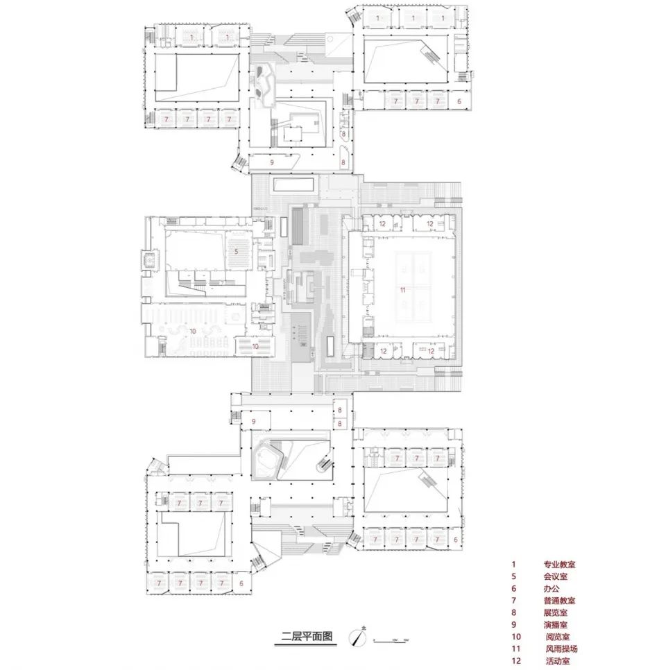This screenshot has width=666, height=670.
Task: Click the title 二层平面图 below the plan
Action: pyautogui.click(x=307, y=636)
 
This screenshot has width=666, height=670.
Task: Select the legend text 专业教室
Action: pyautogui.click(x=559, y=565)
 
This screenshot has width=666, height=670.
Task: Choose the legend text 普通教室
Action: pyautogui.click(x=559, y=601)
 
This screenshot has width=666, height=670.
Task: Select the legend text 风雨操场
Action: pyautogui.click(x=561, y=648)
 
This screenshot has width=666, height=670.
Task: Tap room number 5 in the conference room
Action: pyautogui.click(x=236, y=252)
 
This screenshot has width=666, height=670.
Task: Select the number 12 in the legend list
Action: pyautogui.click(x=515, y=661)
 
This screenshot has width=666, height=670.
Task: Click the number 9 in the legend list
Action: pyautogui.click(x=513, y=625)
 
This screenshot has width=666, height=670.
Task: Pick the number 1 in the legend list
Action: pyautogui.click(x=513, y=565)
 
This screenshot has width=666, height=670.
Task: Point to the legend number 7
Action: pyautogui.click(x=513, y=601)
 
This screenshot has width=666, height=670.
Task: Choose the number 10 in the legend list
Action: pyautogui.click(x=515, y=637)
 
